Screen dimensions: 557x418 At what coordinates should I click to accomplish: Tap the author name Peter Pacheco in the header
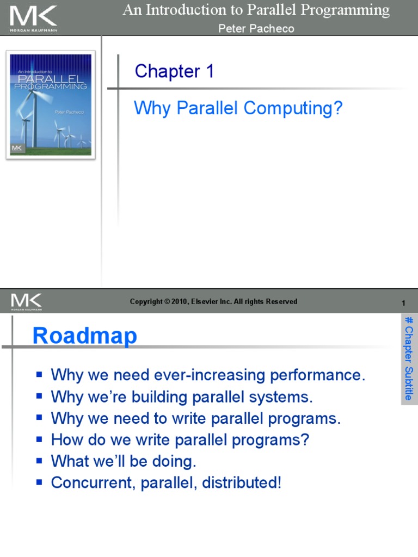(x=256, y=29)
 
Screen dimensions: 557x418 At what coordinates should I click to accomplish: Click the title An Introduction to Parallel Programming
(x=256, y=10)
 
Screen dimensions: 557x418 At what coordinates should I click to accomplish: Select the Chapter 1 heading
(x=174, y=71)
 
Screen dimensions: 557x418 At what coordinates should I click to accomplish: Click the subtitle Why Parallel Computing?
(x=238, y=108)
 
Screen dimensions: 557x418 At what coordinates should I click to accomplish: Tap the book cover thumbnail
(x=51, y=105)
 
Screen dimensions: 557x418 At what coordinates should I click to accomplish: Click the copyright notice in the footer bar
(x=213, y=302)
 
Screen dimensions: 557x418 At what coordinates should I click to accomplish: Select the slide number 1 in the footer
(x=403, y=303)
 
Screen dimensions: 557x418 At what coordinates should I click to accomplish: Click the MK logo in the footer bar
(x=26, y=301)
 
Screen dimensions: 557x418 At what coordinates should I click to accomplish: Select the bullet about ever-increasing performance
(x=208, y=375)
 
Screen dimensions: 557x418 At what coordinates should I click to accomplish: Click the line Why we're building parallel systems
(x=182, y=397)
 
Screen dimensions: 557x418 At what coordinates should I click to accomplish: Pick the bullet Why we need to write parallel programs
(x=195, y=418)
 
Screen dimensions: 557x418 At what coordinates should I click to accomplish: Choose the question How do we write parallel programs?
(x=180, y=440)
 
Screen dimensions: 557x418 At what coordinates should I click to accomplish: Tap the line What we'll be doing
(x=123, y=461)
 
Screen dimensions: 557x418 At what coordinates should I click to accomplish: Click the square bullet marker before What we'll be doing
(x=39, y=461)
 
